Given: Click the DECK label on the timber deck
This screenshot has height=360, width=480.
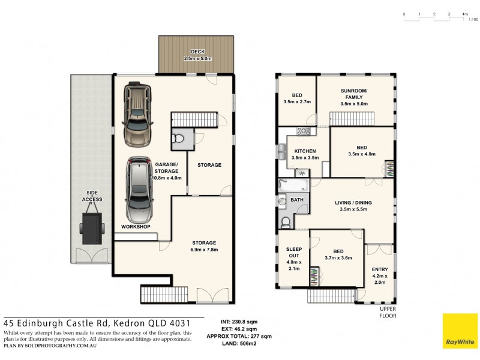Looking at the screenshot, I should [x=194, y=52].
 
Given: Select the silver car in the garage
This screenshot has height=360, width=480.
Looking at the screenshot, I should [x=139, y=189].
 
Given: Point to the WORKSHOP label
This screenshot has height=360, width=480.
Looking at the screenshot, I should [x=135, y=226].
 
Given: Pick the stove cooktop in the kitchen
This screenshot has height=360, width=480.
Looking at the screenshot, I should [x=304, y=131].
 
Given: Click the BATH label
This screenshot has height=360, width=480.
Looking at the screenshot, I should [x=297, y=199].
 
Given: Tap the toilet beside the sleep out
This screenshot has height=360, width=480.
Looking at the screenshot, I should [x=286, y=223].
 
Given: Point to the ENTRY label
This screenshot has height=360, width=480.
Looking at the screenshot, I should [x=380, y=269].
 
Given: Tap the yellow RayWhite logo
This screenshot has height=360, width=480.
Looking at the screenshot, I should [x=460, y=331].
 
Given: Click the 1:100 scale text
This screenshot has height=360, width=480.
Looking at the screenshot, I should [x=473, y=19].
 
